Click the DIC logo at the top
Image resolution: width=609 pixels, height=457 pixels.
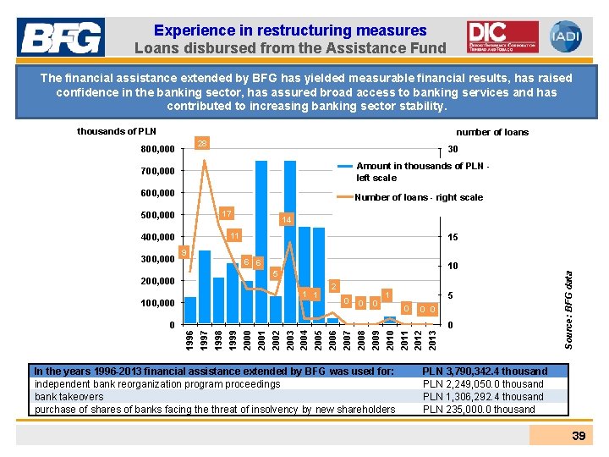tap(502, 36)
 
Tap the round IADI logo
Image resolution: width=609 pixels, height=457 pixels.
tap(565, 36)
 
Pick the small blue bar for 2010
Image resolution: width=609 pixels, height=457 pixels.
tap(389, 320)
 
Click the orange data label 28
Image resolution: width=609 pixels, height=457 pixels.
tap(202, 144)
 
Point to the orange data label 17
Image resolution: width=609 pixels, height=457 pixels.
tap(226, 212)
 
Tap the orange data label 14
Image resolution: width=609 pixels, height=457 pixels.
tap(287, 219)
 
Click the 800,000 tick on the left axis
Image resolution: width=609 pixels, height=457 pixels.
tap(156, 150)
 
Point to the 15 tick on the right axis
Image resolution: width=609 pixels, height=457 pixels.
tap(453, 238)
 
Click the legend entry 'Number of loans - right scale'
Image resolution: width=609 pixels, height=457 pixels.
tap(419, 197)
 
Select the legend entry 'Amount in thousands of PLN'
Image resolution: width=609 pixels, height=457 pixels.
tap(419, 172)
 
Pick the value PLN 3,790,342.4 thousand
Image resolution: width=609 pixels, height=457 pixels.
tap(485, 371)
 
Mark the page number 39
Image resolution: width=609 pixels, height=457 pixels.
tap(579, 435)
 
